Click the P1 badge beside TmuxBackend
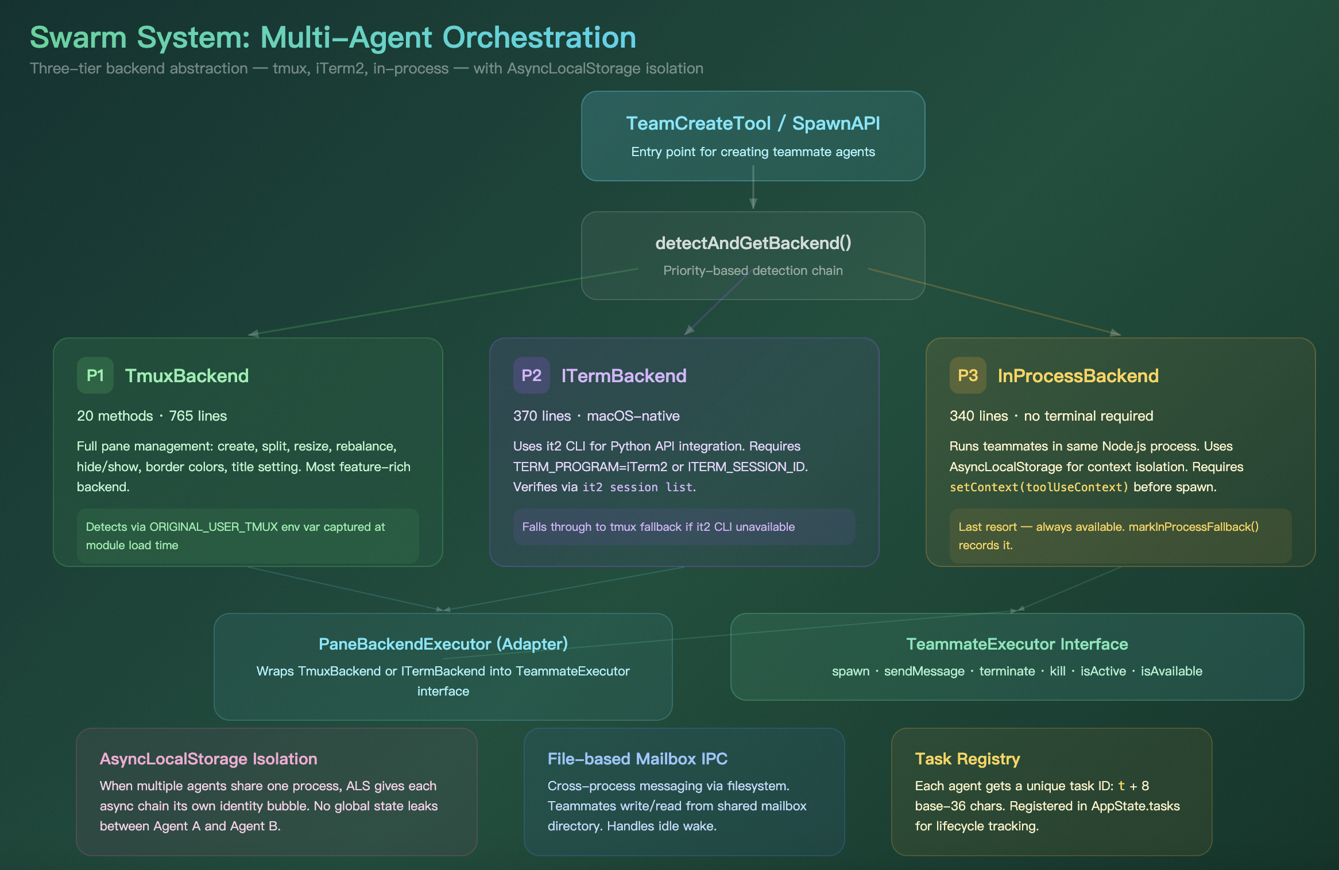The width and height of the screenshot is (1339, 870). (95, 375)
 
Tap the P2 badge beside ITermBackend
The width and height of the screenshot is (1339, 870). (531, 375)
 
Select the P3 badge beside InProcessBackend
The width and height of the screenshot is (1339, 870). (968, 375)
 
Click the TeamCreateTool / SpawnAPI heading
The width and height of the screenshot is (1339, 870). (753, 123)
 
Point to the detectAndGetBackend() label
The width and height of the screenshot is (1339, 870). (753, 243)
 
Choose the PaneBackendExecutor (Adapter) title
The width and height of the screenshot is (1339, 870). (443, 644)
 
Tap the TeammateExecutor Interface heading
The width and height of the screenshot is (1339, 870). (1017, 644)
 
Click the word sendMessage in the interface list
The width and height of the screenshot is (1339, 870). (924, 671)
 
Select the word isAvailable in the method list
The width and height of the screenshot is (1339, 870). (1171, 671)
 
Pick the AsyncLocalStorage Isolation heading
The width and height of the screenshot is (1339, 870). (208, 759)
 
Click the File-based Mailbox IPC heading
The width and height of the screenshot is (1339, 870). (637, 759)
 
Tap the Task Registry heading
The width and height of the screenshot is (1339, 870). (968, 759)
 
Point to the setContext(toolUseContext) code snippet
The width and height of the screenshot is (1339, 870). (1039, 487)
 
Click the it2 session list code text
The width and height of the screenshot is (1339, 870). (637, 487)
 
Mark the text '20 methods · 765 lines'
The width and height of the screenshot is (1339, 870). (152, 416)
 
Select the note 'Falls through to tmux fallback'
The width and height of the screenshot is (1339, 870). (658, 527)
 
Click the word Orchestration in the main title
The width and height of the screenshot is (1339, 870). (539, 38)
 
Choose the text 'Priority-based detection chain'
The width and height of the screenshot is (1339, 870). (753, 270)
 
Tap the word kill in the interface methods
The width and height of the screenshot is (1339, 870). (1057, 671)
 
